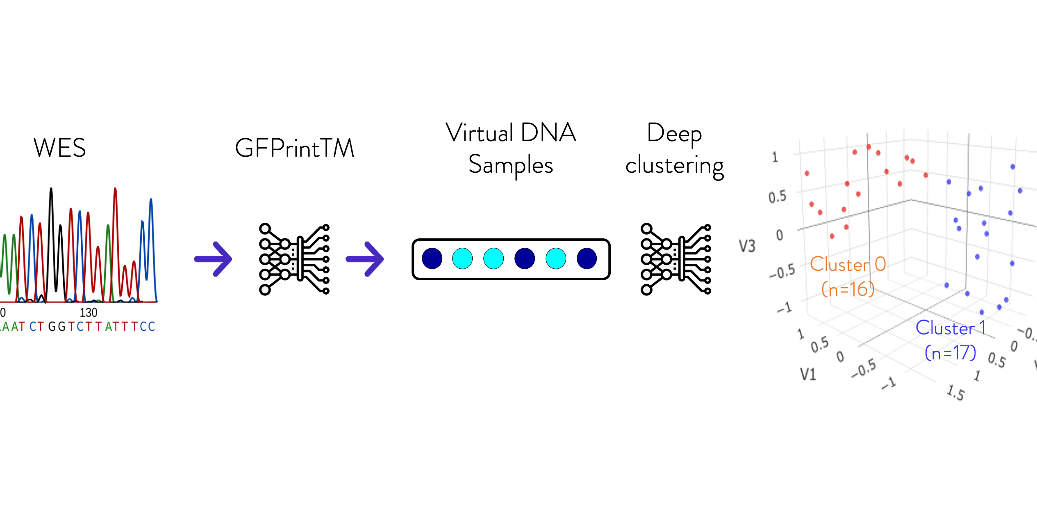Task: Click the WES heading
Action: [60, 148]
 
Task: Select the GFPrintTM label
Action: [294, 148]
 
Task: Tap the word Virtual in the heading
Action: [480, 133]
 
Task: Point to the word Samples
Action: [511, 165]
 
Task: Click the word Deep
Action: [674, 134]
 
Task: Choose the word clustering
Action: [674, 166]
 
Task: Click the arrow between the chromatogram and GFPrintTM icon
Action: [213, 259]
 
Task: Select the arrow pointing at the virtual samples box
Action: [365, 259]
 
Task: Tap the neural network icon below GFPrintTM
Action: [294, 259]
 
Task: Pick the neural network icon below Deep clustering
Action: [676, 259]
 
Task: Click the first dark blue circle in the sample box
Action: [432, 258]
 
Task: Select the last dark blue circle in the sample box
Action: [587, 258]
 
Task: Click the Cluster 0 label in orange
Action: [848, 264]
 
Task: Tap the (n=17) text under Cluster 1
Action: [951, 353]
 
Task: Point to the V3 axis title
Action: [747, 246]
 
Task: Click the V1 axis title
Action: [808, 374]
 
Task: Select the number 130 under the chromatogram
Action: [89, 313]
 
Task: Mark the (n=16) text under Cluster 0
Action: [848, 289]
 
